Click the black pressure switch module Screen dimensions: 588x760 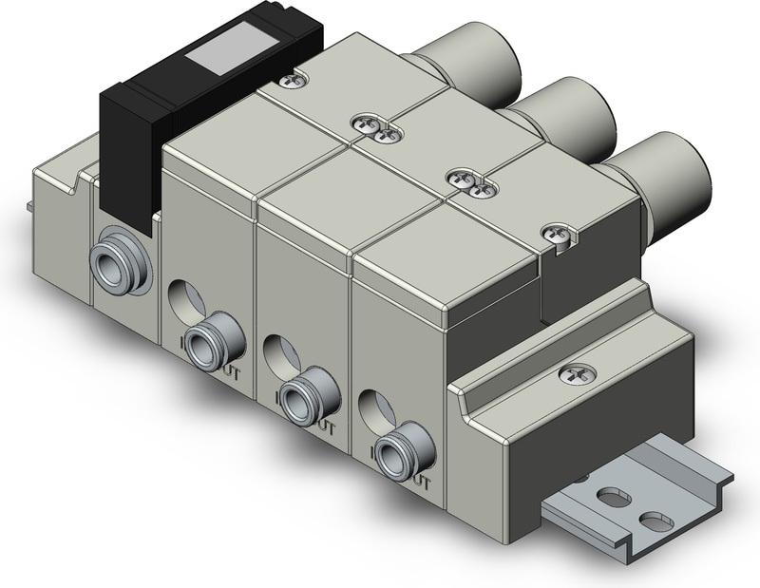[x=142, y=142]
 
